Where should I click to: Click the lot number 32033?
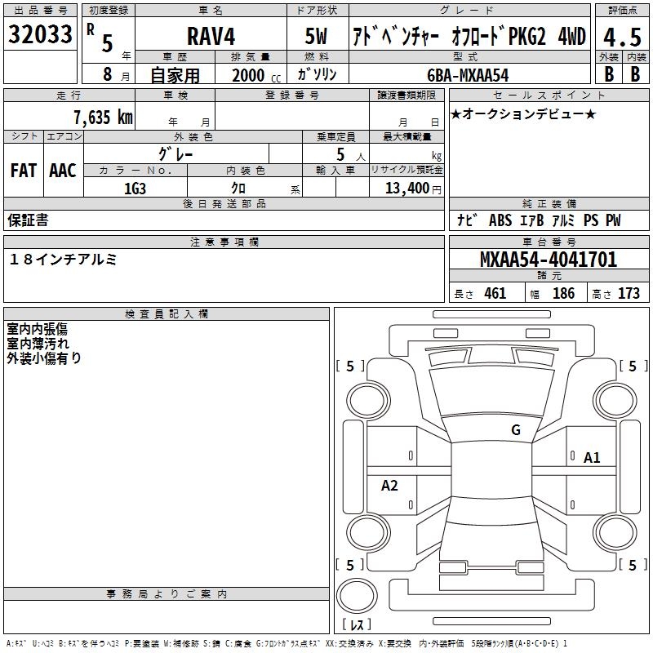[x=40, y=34]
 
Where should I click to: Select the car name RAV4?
[x=210, y=37]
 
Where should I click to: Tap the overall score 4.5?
[x=621, y=36]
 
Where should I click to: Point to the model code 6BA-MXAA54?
[x=468, y=74]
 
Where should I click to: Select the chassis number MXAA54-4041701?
[x=549, y=260]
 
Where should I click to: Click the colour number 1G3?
[x=135, y=187]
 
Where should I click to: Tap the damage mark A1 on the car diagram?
[x=592, y=458]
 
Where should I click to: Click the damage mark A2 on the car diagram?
[x=389, y=486]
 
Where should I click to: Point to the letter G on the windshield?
[x=515, y=430]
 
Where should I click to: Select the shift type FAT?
[x=24, y=171]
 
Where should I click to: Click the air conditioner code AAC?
[x=63, y=171]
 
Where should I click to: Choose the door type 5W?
[x=318, y=37]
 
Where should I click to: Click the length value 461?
[x=495, y=293]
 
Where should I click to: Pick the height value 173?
[x=629, y=293]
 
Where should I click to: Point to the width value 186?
[x=563, y=293]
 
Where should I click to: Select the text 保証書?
[x=28, y=220]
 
